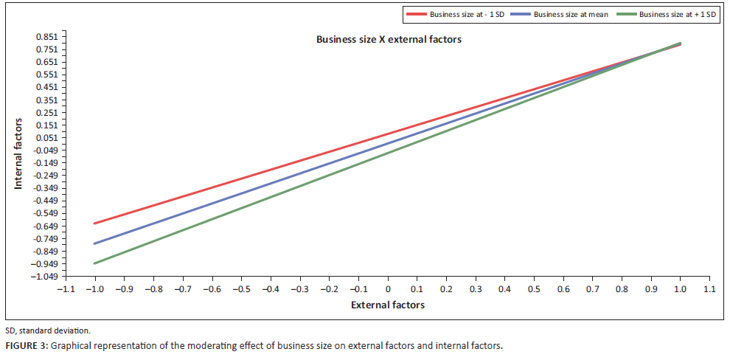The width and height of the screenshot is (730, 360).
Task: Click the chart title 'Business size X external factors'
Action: [389, 40]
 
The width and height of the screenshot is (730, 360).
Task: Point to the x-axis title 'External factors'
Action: [388, 305]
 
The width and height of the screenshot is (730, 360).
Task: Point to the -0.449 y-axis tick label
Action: [46, 201]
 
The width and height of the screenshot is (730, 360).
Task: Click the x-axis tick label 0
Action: [389, 290]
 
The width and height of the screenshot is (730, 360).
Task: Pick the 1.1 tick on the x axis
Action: [709, 290]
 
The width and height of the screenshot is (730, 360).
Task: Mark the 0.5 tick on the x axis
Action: [534, 290]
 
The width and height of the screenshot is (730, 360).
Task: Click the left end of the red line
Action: [94, 224]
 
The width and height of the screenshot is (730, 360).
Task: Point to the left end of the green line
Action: [94, 263]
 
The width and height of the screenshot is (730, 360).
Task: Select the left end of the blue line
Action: [94, 243]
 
